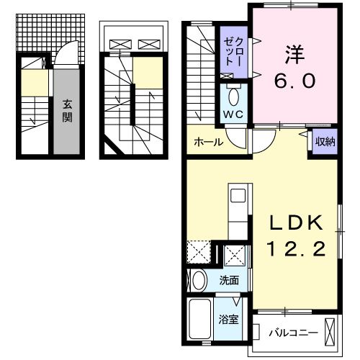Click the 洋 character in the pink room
click(x=294, y=55)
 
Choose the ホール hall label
click(x=209, y=142)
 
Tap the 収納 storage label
click(x=325, y=141)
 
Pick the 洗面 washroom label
click(x=230, y=281)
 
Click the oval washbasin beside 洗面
click(x=198, y=280)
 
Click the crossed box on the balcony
click(x=330, y=332)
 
